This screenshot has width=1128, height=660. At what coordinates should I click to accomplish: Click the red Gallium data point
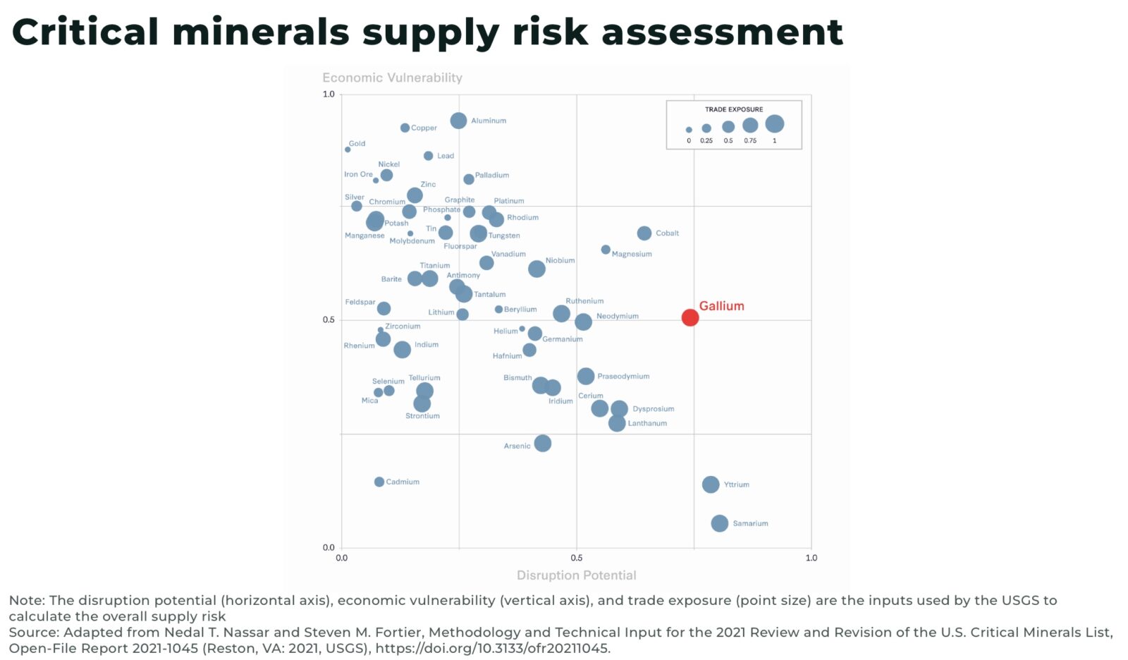(x=689, y=317)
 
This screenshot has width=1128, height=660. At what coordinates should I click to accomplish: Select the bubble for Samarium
(x=719, y=523)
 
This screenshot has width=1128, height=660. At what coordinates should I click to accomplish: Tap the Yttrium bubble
(x=711, y=484)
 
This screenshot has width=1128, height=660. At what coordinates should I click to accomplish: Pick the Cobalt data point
(x=644, y=233)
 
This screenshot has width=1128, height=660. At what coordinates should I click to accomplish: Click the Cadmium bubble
(x=379, y=482)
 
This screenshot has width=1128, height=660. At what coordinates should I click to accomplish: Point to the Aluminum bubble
(x=458, y=121)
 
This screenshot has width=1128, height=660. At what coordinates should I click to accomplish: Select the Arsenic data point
(x=542, y=444)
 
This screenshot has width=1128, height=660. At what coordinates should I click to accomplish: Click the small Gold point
(x=348, y=149)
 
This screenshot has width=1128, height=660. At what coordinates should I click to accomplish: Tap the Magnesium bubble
(x=606, y=250)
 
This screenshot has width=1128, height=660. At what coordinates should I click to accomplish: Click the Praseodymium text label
(x=623, y=377)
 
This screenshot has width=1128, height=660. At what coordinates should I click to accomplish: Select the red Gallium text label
(x=721, y=306)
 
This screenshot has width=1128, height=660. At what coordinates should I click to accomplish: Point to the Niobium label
(x=560, y=261)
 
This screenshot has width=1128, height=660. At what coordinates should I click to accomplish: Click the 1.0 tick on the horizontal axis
(x=811, y=558)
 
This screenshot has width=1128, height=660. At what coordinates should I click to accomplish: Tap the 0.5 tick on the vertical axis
(x=329, y=320)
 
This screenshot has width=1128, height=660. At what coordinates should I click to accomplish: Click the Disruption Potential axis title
(x=576, y=575)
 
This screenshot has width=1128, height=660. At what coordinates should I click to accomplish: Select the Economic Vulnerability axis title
(x=392, y=78)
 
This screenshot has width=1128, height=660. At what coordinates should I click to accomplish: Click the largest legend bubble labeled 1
(x=774, y=124)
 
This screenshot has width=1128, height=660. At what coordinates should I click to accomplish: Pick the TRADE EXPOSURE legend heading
(x=733, y=109)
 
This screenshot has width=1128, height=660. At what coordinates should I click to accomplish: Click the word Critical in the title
(x=85, y=32)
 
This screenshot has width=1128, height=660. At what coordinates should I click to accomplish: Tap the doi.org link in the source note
(x=492, y=648)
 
